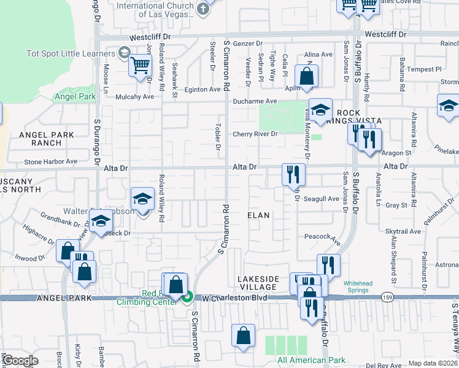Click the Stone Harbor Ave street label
pos(50,162)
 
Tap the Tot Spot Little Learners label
pos(68,53)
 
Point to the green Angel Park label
pos(75,96)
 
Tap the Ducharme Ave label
pos(255,102)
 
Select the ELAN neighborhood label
pos(258,216)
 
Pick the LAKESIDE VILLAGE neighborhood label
pos(258,283)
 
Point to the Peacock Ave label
pos(322,237)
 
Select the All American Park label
pos(311,360)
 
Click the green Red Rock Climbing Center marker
pos(189,297)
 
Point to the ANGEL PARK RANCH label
pos(46,139)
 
